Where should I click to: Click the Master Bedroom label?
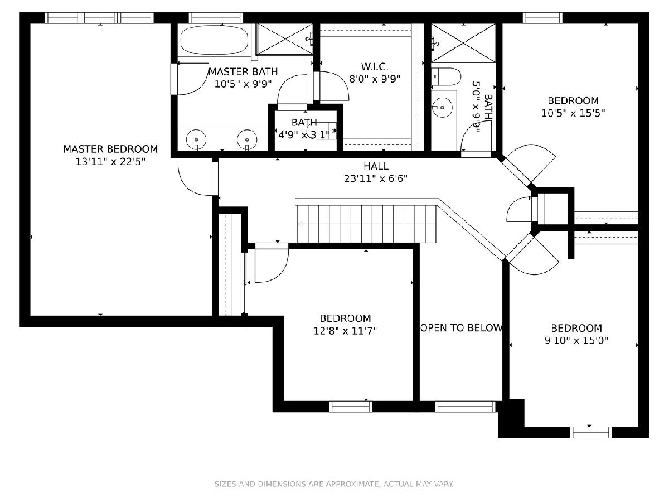(110, 149)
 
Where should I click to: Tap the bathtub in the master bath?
(214, 40)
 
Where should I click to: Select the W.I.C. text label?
(375, 66)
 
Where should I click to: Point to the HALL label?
(376, 166)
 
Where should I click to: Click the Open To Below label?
(461, 328)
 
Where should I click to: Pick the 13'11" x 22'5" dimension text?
(110, 161)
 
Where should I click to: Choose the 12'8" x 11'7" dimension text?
(345, 331)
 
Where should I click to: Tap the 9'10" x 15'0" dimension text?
(576, 340)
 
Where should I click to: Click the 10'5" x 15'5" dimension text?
(573, 113)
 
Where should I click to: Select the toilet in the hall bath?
(445, 76)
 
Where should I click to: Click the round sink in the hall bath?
(442, 108)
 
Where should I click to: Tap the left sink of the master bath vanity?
(196, 139)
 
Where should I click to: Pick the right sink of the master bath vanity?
(247, 139)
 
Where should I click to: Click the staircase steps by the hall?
(367, 224)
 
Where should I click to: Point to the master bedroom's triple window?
(99, 18)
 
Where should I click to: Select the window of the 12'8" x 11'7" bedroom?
(351, 407)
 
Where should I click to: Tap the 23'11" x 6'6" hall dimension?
(376, 178)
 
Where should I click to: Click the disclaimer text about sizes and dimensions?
(334, 484)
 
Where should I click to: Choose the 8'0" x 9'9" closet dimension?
(375, 79)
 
